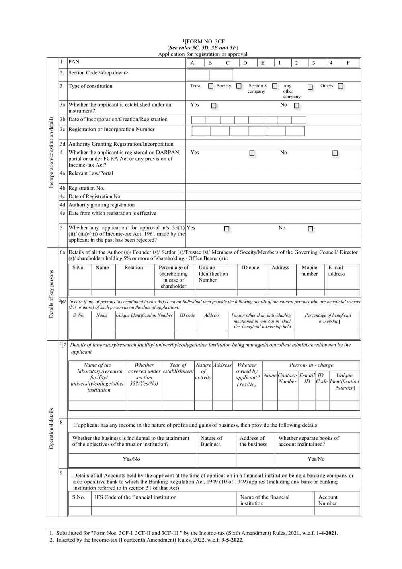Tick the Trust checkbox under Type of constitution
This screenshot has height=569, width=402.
click(211, 86)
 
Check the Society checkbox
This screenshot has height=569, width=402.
click(239, 86)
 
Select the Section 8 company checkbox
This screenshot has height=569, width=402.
click(275, 86)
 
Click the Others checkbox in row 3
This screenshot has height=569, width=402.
click(340, 86)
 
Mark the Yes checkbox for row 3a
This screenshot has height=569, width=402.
click(214, 106)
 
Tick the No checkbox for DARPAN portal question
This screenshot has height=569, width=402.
click(335, 153)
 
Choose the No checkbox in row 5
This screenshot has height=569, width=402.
click(310, 229)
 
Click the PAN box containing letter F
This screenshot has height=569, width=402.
click(351, 63)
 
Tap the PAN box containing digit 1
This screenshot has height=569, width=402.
click(283, 63)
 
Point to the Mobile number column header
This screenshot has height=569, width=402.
click(310, 270)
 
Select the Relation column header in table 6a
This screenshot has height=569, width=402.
click(133, 268)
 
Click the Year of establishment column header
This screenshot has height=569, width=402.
click(178, 368)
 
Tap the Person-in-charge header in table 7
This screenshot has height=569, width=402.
click(311, 365)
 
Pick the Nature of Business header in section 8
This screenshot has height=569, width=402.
click(211, 441)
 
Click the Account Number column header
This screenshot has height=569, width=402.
click(328, 500)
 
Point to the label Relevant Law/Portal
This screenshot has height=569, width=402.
click(90, 173)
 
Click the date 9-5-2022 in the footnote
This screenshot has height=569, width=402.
click(229, 540)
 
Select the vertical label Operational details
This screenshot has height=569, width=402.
click(51, 429)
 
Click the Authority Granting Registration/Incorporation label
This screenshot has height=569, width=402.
click(121, 144)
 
